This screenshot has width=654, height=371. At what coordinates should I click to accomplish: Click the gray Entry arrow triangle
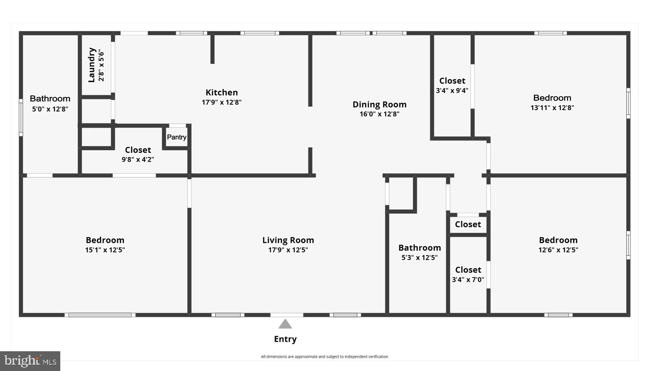(x=285, y=324)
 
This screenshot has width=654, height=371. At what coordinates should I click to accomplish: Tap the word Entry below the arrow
(x=285, y=339)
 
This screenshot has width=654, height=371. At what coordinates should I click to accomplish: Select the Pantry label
(x=176, y=137)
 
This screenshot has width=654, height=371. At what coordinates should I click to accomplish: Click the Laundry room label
(x=91, y=65)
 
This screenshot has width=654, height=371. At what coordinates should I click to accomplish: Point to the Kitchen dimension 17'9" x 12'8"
(x=221, y=102)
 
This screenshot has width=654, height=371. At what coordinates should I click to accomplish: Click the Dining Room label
(x=379, y=105)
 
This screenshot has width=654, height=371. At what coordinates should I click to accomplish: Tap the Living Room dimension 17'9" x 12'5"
(x=288, y=250)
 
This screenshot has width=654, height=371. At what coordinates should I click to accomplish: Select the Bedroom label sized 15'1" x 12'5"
(x=105, y=240)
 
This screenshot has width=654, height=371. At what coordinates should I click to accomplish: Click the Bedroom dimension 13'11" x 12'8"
(x=552, y=108)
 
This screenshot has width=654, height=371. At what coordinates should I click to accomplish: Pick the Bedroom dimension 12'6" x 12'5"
(x=558, y=250)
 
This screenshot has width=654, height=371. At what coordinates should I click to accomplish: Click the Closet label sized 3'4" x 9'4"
(x=452, y=81)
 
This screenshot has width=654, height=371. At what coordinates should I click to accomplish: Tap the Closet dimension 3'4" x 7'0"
(x=468, y=280)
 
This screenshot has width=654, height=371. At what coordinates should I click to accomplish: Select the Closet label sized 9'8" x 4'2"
(x=138, y=150)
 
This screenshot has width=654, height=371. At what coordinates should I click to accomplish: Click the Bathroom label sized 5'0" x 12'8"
(x=50, y=99)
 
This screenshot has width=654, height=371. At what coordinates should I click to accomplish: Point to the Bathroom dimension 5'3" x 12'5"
(x=419, y=257)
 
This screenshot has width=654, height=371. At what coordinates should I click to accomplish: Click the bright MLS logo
(x=30, y=361)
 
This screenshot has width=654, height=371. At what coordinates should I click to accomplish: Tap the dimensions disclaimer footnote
(x=324, y=357)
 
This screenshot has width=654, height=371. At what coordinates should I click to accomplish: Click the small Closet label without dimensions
(x=467, y=224)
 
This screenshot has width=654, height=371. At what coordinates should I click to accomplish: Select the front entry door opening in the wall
(x=287, y=315)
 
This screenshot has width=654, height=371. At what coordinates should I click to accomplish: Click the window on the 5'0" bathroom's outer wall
(x=21, y=117)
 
